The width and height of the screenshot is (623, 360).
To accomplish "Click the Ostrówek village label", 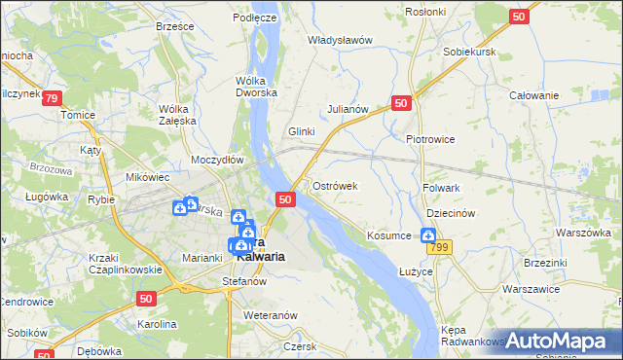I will coord(336,186).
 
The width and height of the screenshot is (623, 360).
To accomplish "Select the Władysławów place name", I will coord(341,41).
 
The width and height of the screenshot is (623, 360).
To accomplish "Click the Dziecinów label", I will coord(450,213).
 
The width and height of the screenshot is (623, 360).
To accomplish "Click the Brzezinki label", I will coord(545,263).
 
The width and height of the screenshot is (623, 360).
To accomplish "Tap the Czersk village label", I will coord(298,346).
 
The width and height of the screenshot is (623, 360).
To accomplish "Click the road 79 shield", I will coord(53,98).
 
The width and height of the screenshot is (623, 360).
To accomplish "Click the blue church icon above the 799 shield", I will coord(427,234).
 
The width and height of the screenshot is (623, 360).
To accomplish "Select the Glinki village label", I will coord(302,131).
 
